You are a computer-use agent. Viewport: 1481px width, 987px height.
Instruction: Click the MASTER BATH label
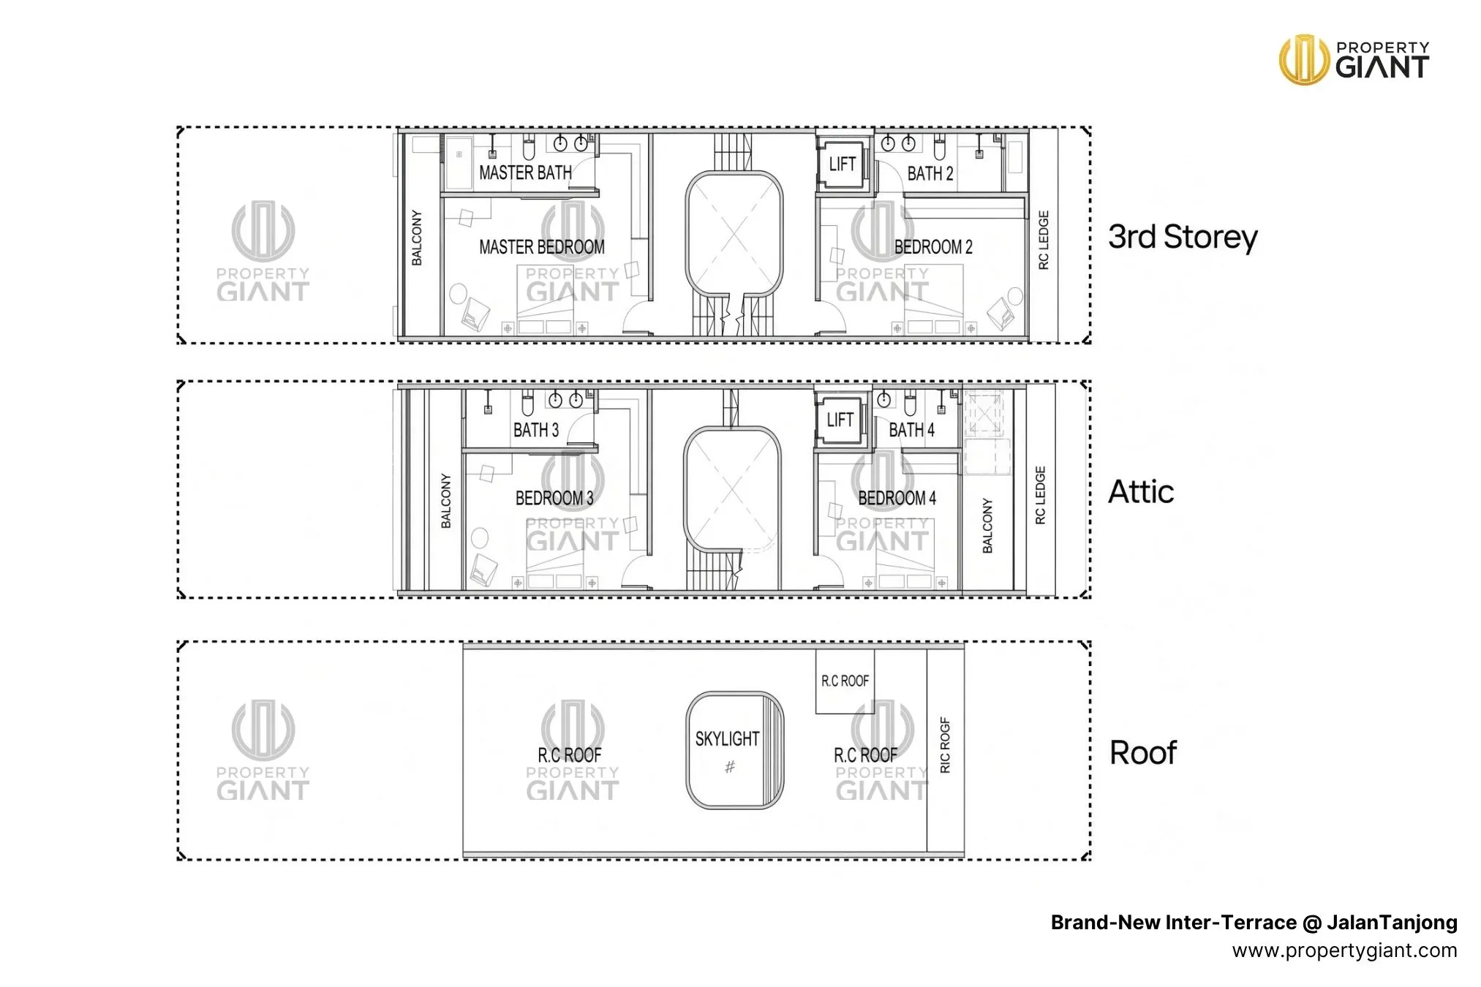tap(525, 173)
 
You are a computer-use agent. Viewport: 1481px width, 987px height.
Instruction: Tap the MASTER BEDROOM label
tap(542, 247)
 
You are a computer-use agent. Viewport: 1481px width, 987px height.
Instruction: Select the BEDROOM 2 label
tap(933, 247)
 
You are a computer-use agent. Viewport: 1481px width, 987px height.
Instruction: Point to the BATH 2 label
tap(930, 173)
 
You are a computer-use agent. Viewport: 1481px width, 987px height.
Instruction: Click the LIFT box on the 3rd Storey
tap(842, 164)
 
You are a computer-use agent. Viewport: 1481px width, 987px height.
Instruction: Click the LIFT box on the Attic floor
tap(840, 420)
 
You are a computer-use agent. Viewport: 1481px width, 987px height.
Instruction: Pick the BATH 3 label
tap(536, 430)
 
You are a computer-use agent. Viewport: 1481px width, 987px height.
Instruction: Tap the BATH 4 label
tap(911, 430)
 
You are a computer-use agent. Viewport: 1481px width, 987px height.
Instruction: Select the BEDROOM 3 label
tap(554, 498)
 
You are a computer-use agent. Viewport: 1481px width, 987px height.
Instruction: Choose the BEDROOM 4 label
tap(897, 498)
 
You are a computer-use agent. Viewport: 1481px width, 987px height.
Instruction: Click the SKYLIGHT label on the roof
tap(727, 738)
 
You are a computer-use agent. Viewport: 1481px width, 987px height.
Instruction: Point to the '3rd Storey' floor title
tap(1183, 237)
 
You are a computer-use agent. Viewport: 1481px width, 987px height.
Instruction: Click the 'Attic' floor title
tap(1141, 491)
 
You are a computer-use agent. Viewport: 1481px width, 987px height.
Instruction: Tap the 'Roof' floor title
tap(1143, 752)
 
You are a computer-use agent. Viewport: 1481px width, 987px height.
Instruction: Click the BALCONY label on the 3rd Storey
tap(417, 238)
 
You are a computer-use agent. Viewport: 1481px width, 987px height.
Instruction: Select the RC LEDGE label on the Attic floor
tap(1041, 495)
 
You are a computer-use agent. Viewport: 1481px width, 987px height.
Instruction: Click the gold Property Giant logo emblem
tap(1304, 59)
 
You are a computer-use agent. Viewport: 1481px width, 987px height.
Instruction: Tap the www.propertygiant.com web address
tap(1344, 950)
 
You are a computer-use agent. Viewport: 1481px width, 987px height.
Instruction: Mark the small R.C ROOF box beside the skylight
tap(845, 681)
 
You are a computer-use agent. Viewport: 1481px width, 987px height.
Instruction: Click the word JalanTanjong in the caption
tap(1392, 923)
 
